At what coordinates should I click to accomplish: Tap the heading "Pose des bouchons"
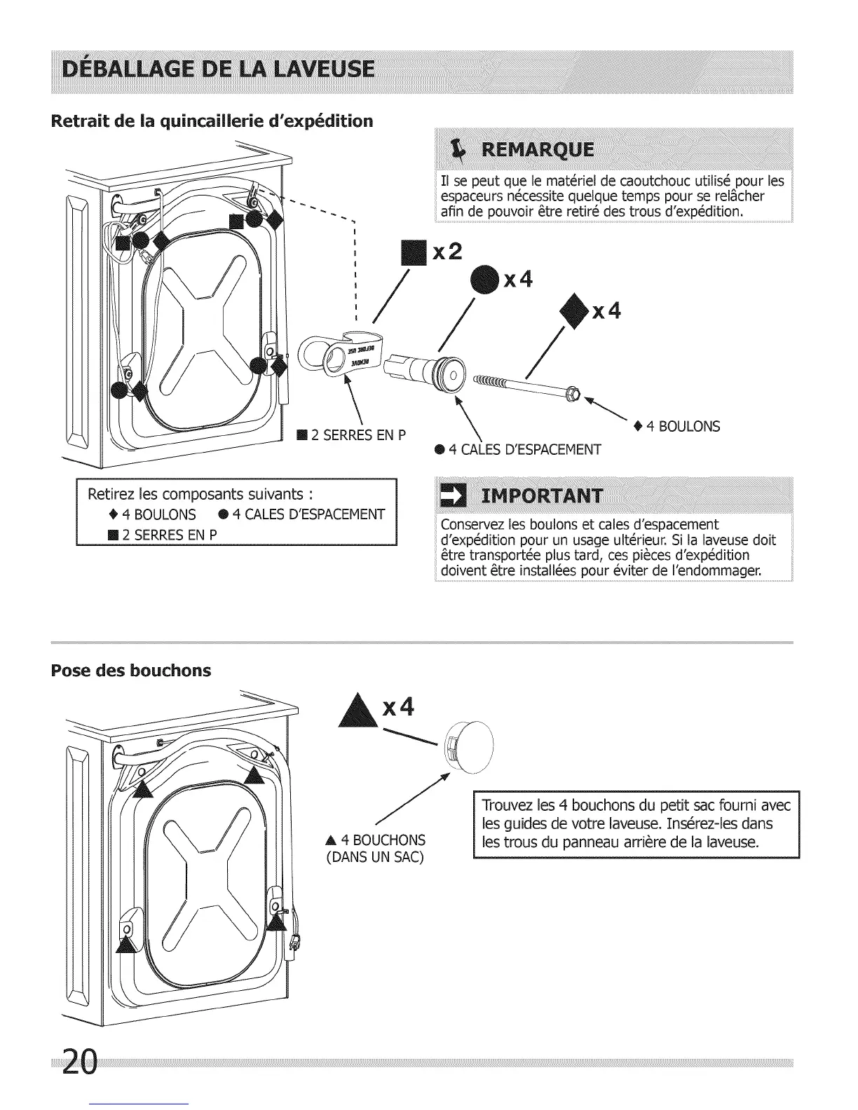[x=131, y=671]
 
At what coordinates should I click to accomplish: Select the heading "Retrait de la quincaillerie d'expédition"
[x=212, y=121]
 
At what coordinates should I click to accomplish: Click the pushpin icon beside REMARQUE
[x=459, y=150]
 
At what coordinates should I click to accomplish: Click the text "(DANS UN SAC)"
[x=376, y=856]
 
